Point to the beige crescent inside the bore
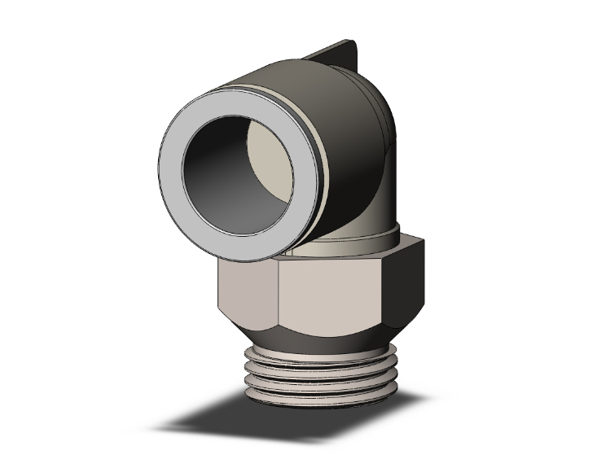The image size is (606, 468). pyautogui.click(x=272, y=158)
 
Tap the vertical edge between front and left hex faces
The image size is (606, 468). pyautogui.click(x=277, y=297)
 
